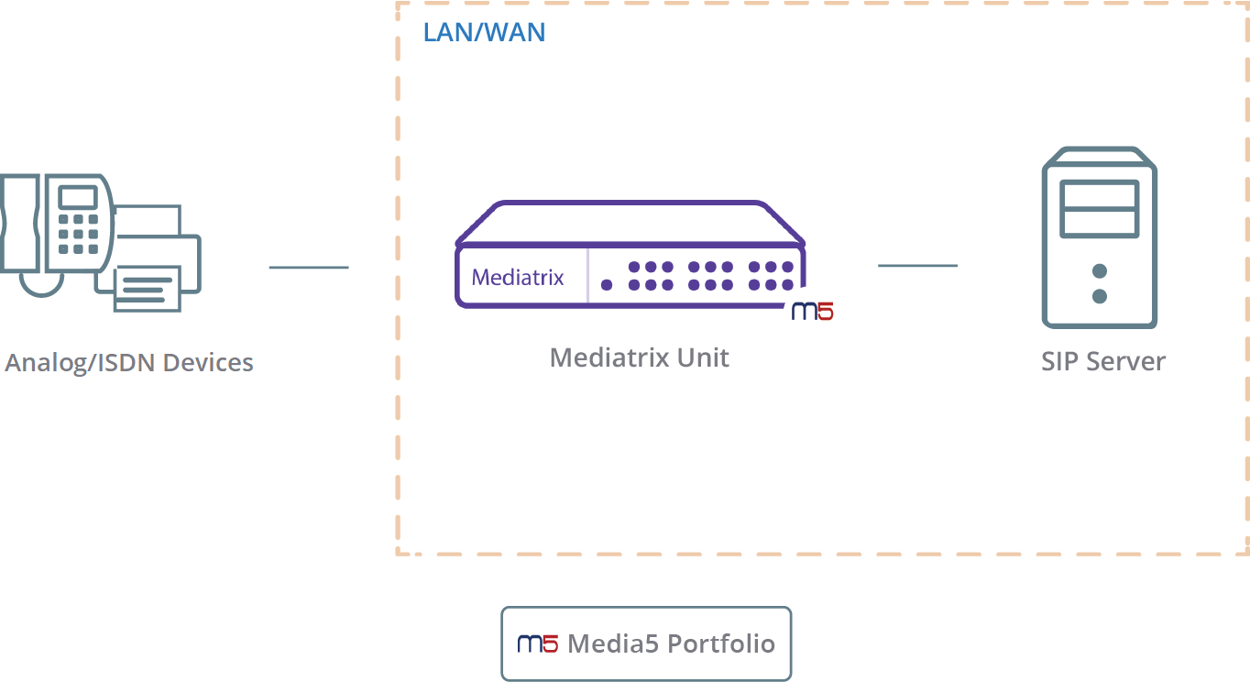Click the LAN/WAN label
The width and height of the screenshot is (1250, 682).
pos(485,32)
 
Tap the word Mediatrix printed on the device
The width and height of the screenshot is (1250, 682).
pos(518,278)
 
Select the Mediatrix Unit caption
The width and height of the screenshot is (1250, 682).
pos(640,357)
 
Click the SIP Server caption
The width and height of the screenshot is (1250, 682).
pos(1103,362)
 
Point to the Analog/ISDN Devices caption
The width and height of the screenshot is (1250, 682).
pos(129,363)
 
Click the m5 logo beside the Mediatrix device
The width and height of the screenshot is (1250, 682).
pos(813,311)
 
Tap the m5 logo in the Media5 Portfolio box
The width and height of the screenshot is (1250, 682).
pos(537,644)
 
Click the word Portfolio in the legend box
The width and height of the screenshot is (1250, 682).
pos(721,644)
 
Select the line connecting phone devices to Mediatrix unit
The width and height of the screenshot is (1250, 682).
pos(309,268)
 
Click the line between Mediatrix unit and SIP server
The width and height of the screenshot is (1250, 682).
pos(918,266)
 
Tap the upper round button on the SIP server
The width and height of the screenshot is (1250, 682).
pos(1100,271)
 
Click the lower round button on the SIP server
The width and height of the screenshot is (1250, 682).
pos(1100,296)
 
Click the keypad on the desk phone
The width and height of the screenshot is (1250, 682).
pos(78,235)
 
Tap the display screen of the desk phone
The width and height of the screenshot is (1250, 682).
pos(78,197)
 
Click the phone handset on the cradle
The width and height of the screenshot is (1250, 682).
pos(20,224)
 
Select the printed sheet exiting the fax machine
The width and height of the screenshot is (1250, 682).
pos(148,289)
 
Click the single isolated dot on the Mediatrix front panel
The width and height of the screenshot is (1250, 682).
pos(607,285)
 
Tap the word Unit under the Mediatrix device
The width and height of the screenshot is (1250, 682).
pos(703,357)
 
